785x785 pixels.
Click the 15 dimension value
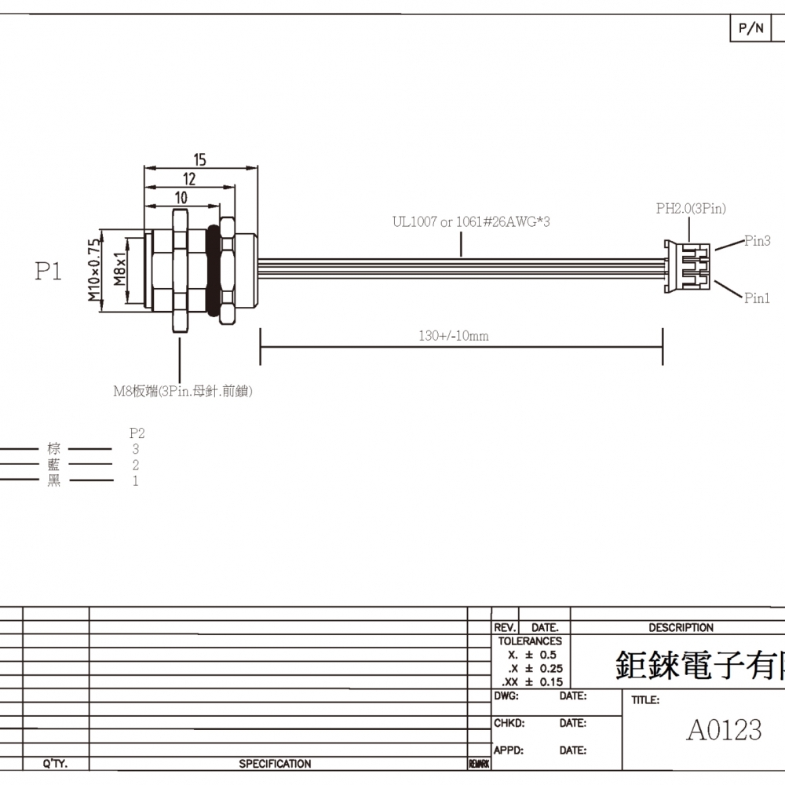coord(199,159)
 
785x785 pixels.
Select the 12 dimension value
coord(189,179)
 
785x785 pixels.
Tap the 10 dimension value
coord(181,198)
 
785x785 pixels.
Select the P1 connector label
coord(48,272)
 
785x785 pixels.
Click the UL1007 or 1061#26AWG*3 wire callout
coord(471,222)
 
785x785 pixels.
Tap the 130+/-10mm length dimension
coord(454,336)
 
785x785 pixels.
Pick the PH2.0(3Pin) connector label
coord(691,209)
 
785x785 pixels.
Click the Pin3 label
coord(757,241)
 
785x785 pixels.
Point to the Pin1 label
coord(757,298)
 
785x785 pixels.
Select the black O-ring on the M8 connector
coord(213,270)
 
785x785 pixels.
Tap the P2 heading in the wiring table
coord(137,433)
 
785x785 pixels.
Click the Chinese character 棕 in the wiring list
coord(53,449)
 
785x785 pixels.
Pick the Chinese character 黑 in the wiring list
coord(53,481)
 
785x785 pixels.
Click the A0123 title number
coord(724,730)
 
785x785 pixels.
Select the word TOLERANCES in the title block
coord(530,641)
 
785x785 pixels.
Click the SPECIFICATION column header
coord(275,764)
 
